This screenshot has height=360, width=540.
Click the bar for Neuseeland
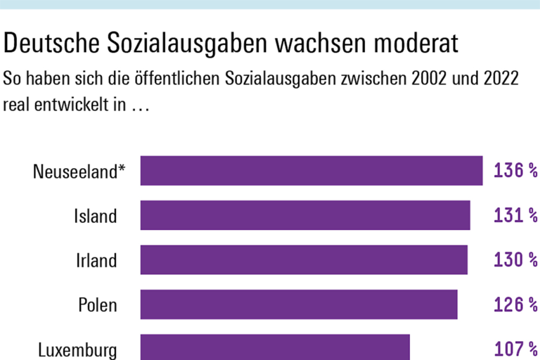[x=311, y=171]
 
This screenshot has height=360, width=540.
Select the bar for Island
[x=305, y=215]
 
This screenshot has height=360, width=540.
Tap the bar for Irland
[x=304, y=259]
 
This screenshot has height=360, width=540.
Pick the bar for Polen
[x=299, y=304]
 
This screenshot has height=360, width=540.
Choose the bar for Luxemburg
[x=275, y=347]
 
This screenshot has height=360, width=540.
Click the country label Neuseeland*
[x=79, y=172]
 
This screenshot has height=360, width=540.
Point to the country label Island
[x=96, y=216]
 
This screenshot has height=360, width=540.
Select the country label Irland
[x=96, y=260]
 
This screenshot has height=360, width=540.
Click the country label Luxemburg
[x=77, y=349]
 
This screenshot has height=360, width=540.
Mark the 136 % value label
[x=515, y=171]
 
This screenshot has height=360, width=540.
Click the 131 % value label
[x=515, y=215]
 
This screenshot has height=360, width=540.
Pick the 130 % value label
[x=515, y=260]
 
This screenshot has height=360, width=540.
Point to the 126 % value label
[x=515, y=304]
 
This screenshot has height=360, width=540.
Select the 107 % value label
[x=515, y=349]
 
